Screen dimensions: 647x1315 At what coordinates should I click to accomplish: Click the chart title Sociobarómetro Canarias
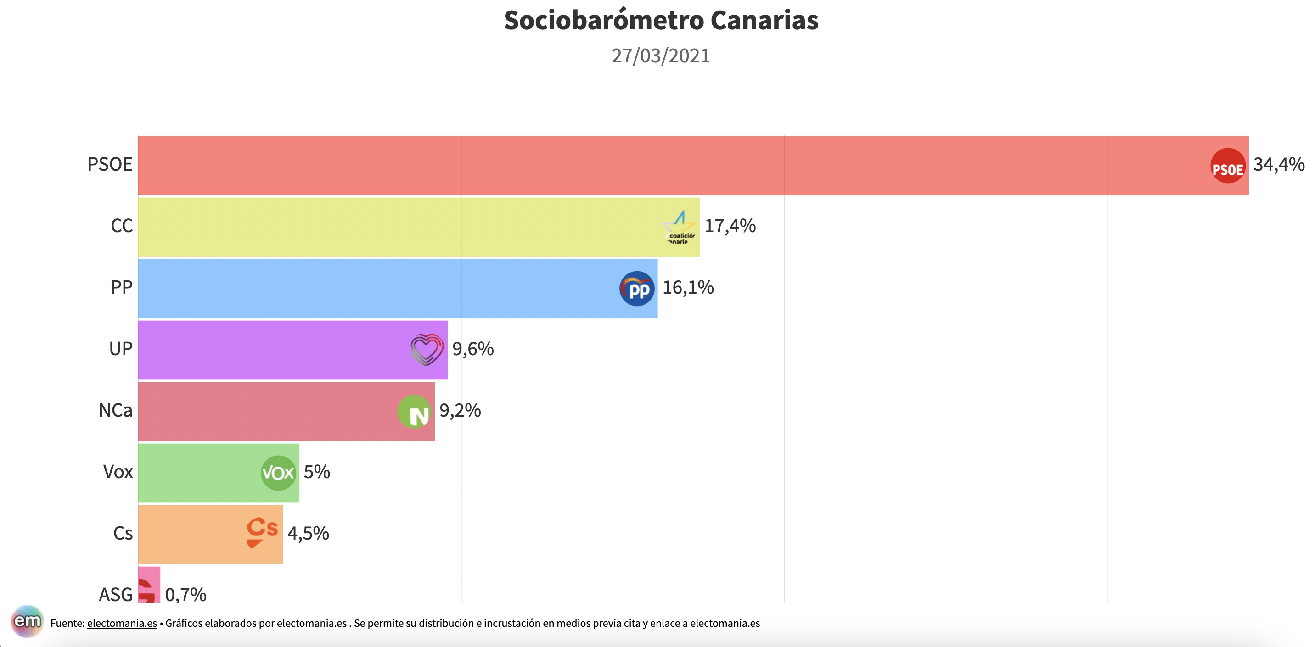click(x=661, y=20)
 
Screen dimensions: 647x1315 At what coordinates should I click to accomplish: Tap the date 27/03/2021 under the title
click(x=661, y=56)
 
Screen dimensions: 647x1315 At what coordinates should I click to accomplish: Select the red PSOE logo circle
click(x=1228, y=166)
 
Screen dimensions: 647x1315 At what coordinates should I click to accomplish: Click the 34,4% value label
click(x=1279, y=164)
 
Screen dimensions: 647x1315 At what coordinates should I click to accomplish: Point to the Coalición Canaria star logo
click(x=680, y=228)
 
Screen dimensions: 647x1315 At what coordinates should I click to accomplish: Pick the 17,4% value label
click(x=730, y=226)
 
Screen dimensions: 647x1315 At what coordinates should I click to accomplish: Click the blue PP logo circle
click(x=636, y=289)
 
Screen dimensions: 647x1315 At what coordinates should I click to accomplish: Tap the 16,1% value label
click(x=688, y=288)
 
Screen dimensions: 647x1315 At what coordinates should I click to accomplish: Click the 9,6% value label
click(x=473, y=349)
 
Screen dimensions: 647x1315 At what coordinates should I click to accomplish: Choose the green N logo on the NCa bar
click(x=414, y=412)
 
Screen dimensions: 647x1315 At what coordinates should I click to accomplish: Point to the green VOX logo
click(x=278, y=473)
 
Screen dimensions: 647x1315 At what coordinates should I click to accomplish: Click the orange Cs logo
click(x=262, y=533)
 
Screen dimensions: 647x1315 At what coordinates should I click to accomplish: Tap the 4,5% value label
click(x=308, y=534)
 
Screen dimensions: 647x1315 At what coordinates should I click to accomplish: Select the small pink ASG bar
click(x=149, y=585)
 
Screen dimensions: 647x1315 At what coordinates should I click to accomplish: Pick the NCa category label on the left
click(x=115, y=410)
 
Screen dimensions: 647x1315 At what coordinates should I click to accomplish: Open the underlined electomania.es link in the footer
click(x=122, y=623)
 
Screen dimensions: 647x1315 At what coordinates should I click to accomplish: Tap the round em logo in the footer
click(x=27, y=621)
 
